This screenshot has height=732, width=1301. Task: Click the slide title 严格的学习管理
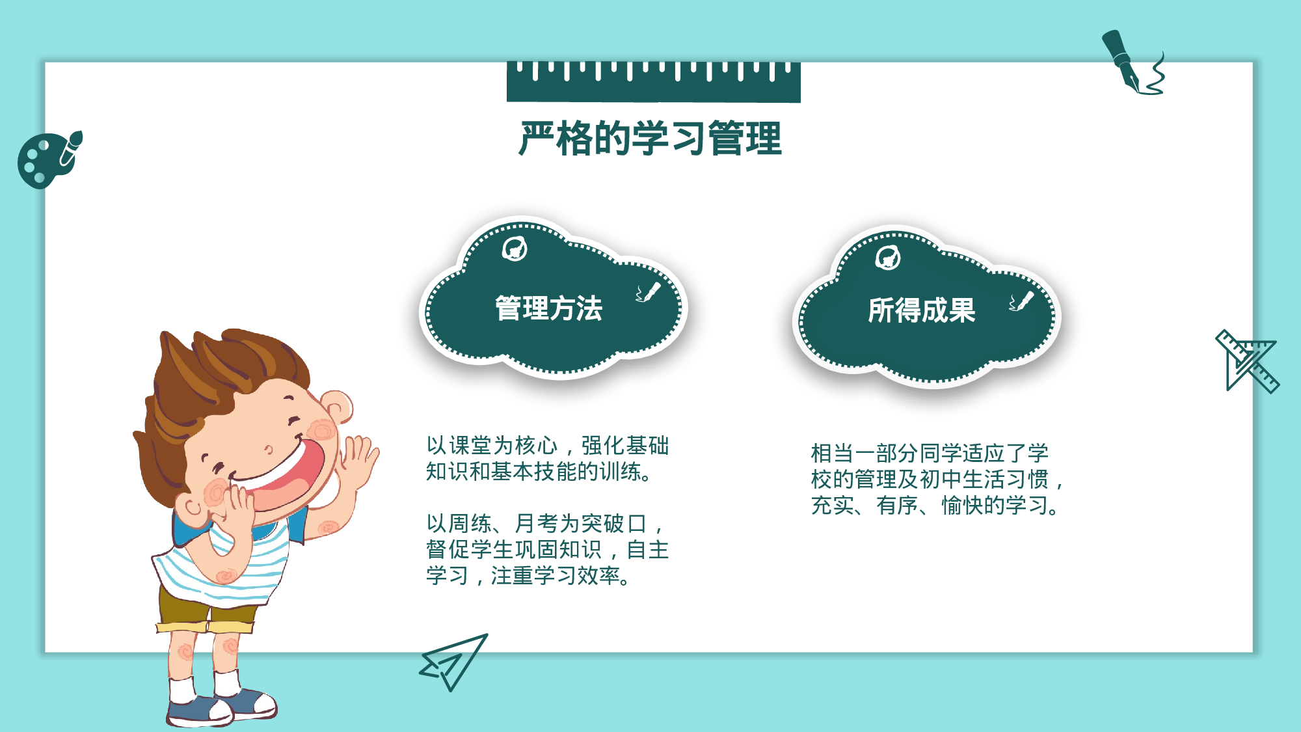tap(650, 139)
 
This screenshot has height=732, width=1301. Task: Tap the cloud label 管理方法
tap(548, 308)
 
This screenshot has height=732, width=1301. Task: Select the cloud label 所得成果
tap(921, 310)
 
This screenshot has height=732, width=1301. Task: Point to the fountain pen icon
tap(1129, 62)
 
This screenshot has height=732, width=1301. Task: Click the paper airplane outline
tap(453, 661)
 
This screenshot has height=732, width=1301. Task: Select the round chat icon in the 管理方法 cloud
tap(515, 249)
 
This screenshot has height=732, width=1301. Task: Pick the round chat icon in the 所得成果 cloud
tap(887, 258)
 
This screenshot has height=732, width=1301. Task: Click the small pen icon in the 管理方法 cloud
tap(648, 293)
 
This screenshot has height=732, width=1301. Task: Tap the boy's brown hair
tap(208, 377)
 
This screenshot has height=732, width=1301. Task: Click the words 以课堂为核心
tap(492, 446)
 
